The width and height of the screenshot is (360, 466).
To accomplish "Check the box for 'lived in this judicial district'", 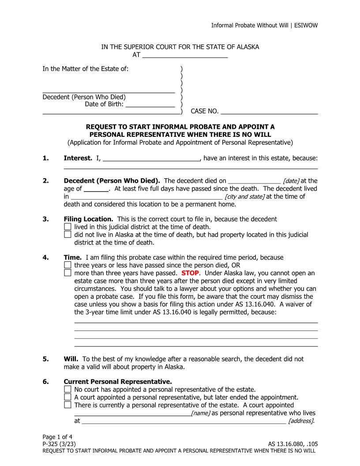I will coord(67,227).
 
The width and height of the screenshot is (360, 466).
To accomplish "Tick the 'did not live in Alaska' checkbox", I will coord(67,235).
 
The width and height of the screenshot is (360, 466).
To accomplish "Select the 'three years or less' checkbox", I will coord(67,266).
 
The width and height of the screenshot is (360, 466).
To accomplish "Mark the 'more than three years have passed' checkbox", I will coord(67,273).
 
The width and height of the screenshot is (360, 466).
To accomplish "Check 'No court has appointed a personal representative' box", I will coord(67,390).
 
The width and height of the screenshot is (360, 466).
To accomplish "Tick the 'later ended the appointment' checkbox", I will coord(67,397).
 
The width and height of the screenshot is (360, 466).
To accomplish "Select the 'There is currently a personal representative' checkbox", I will coord(67,405).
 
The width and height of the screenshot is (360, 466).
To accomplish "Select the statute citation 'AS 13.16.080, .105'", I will coord(292,444).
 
